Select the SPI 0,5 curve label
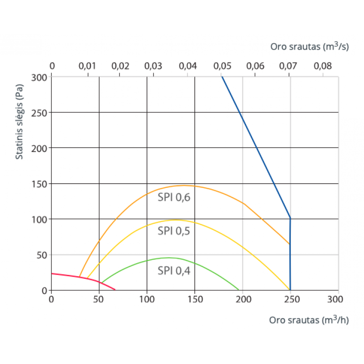pyautogui.click(x=174, y=231)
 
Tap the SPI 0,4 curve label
pyautogui.click(x=174, y=271)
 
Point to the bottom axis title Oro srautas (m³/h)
pyautogui.click(x=308, y=320)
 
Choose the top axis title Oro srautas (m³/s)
pyautogui.click(x=309, y=46)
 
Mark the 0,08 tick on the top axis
pyautogui.click(x=323, y=66)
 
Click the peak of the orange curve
pyautogui.click(x=184, y=185)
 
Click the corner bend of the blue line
pyautogui.click(x=290, y=218)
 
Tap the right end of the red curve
pyautogui.click(x=115, y=289)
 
